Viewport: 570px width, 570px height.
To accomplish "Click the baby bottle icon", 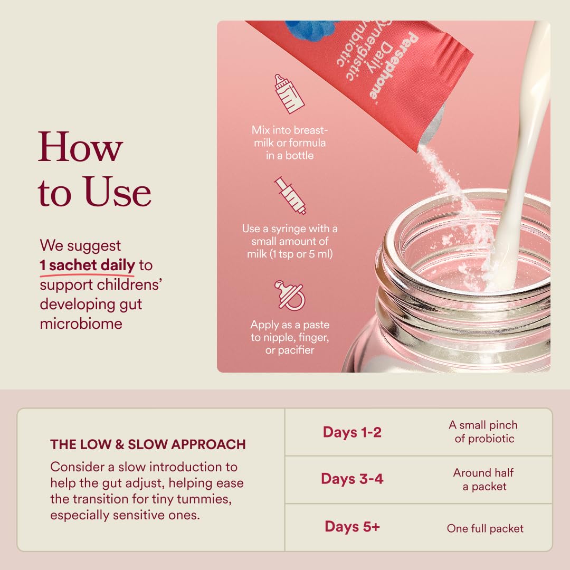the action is (x=289, y=94).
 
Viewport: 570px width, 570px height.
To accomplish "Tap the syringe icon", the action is (x=290, y=196).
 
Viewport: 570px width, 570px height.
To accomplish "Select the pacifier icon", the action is (x=290, y=295).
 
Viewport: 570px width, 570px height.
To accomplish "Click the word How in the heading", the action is (x=80, y=147).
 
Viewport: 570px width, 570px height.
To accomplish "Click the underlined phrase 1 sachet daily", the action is (x=87, y=265).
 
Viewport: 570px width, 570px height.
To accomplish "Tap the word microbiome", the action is (x=81, y=324).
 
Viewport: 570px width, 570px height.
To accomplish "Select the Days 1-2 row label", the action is (x=352, y=432).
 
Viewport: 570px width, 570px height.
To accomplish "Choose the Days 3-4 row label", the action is (x=352, y=479).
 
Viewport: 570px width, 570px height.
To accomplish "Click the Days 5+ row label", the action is (x=352, y=526).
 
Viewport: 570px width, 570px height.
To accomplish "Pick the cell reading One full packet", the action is (x=485, y=528).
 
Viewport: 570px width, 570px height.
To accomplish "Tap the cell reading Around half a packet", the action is (x=483, y=479).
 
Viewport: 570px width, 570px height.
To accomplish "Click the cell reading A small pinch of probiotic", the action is (x=483, y=432).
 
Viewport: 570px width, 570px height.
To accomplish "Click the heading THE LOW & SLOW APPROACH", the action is (x=148, y=444).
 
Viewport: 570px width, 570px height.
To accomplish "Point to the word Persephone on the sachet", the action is (x=394, y=66).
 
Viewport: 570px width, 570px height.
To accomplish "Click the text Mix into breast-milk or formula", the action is (x=290, y=136).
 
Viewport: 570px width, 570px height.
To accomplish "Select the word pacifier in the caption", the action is (x=295, y=350).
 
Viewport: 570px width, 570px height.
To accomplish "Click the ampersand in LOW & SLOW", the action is (x=120, y=444).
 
